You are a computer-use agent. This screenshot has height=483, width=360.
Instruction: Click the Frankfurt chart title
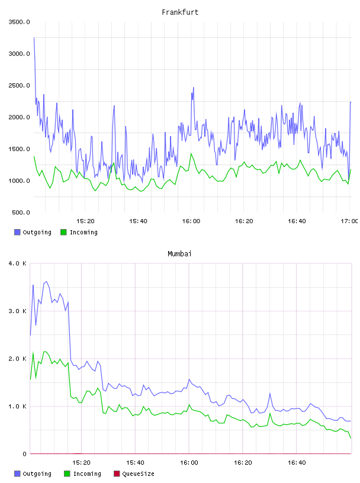pos(180,12)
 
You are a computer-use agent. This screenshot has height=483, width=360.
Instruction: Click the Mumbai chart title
pos(179,254)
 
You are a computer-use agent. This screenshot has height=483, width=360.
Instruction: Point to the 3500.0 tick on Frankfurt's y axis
pos(19,22)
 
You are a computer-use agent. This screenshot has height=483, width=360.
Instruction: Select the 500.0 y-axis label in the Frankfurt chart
pos(21,212)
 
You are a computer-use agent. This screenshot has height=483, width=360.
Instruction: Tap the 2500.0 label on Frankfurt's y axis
pos(19,85)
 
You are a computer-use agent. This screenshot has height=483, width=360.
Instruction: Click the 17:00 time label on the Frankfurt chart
pos(349,221)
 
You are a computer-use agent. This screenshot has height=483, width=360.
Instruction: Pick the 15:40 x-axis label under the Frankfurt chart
pos(138,221)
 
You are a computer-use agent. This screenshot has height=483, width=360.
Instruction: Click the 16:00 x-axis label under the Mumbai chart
pos(189,462)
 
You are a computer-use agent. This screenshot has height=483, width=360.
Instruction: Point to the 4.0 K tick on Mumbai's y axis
pos(17,263)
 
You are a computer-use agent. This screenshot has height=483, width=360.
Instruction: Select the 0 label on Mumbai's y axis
pos(25,454)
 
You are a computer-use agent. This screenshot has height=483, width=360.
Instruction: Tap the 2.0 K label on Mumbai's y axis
pos(17,359)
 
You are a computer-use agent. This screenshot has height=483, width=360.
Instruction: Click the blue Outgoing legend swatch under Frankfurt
pos(17,232)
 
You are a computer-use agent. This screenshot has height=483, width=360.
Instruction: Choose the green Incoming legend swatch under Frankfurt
pos(63,232)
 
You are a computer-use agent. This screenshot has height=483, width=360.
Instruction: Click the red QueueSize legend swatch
pos(117,474)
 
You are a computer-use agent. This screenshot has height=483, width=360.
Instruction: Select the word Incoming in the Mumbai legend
pos(87,474)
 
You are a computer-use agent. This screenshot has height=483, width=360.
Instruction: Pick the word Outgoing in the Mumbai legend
pos(37,474)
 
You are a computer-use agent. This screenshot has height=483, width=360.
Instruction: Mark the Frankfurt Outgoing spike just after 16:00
pos(193,88)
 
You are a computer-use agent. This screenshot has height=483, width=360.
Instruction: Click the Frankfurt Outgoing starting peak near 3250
pos(34,38)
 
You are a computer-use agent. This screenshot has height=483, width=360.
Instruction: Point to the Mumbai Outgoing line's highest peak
pos(46,282)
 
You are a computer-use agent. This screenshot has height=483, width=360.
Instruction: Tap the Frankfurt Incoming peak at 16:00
pos(191,153)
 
